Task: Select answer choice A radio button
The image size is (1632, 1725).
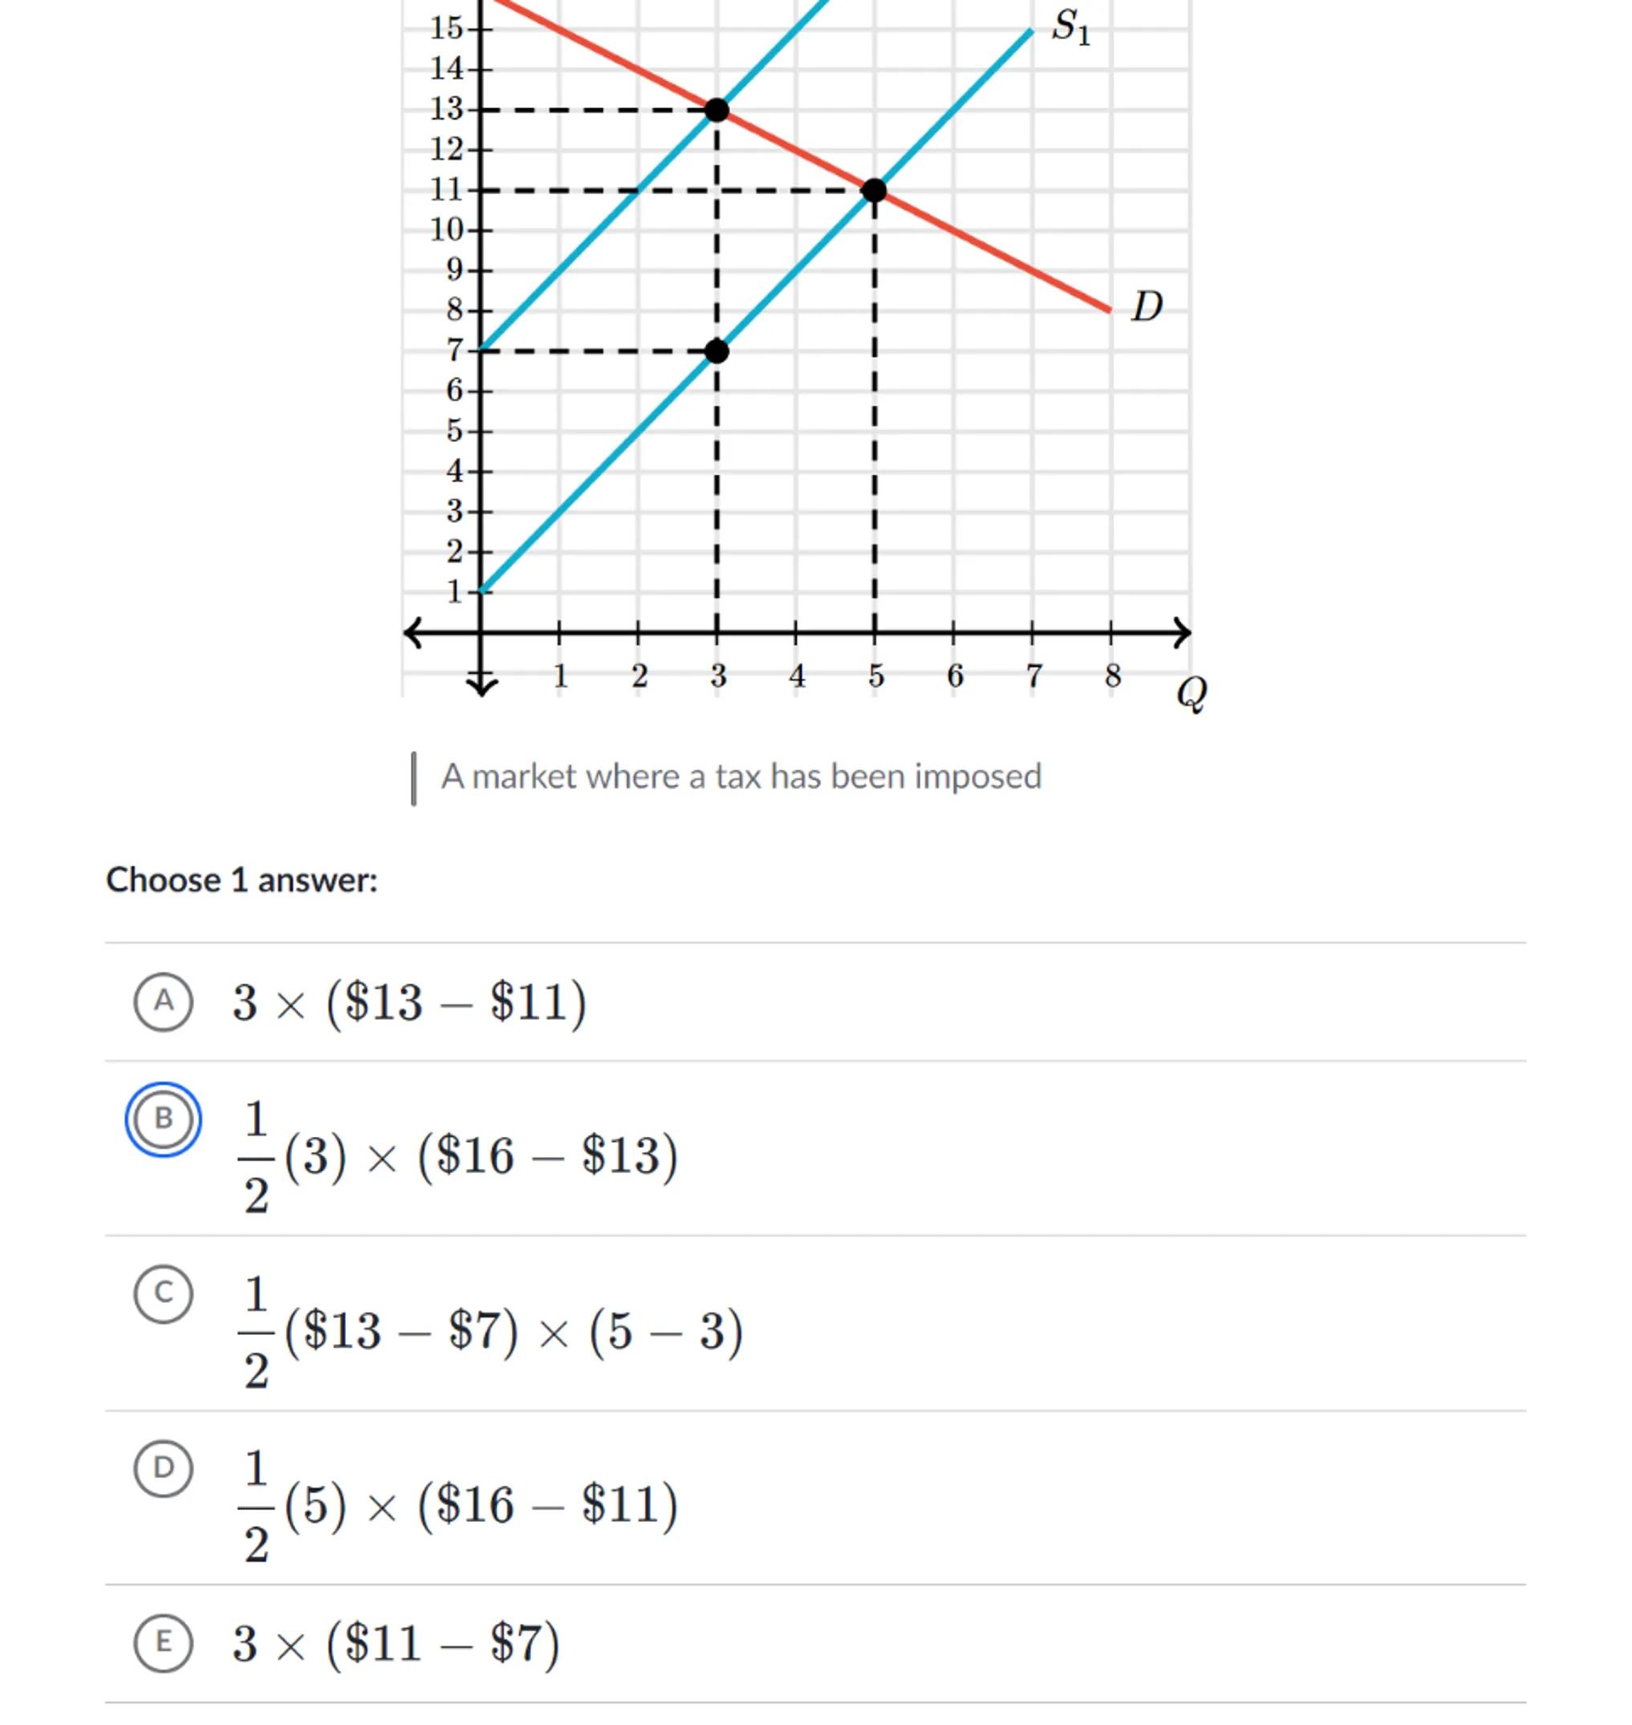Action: click(x=164, y=1001)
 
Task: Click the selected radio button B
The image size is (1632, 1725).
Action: click(x=164, y=1118)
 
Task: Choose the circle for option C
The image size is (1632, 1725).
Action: click(x=164, y=1293)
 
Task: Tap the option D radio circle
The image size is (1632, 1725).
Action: click(x=164, y=1468)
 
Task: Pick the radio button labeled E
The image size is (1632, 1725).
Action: click(x=164, y=1642)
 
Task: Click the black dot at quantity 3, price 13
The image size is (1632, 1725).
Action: click(x=717, y=111)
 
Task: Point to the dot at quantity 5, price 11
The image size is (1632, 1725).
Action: click(x=875, y=190)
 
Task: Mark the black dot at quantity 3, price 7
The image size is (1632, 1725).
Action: click(x=717, y=351)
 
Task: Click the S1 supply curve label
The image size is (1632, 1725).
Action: click(x=1070, y=27)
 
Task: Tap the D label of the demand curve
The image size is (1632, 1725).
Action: click(x=1147, y=307)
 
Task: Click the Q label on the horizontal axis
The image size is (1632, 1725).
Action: click(x=1191, y=693)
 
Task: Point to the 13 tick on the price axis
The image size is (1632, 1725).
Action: click(x=447, y=110)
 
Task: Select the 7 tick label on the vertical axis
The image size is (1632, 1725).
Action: click(x=455, y=351)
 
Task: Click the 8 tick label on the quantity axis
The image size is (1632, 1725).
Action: click(x=1112, y=676)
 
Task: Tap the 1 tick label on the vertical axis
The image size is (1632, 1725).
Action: click(x=455, y=592)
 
